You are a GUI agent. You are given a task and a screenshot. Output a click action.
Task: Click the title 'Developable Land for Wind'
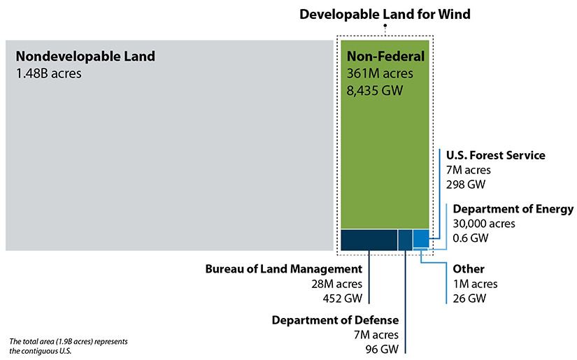pos(385,14)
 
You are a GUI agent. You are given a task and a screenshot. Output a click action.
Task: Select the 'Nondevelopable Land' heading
pos(85,56)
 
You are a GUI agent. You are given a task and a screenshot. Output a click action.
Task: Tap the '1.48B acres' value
pos(48,72)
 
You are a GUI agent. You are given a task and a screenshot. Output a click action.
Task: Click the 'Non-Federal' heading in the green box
pos(385,57)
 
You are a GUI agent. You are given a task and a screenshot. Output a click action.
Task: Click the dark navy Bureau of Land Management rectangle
pos(368,239)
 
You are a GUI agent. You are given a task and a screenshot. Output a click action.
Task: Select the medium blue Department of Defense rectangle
pos(405,239)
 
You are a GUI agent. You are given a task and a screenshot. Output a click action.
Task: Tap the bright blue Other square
pos(420,238)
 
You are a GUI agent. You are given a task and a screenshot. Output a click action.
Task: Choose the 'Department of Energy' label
pos(513,209)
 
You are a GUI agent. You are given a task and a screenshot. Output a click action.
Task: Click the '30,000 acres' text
pos(484,224)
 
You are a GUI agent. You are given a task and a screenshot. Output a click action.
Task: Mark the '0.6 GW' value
pos(471,238)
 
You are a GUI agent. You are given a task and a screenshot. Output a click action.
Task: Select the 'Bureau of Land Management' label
pos(284,269)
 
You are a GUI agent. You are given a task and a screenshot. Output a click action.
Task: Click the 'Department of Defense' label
pos(335,320)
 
